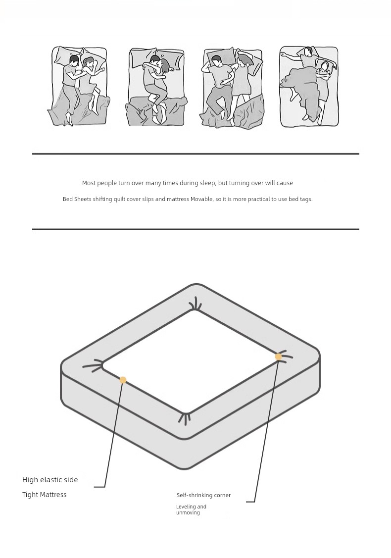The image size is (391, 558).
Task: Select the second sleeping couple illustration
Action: coord(156,86)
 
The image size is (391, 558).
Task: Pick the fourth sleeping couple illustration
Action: coord(308,86)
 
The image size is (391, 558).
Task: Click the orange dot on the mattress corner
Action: coord(278,356)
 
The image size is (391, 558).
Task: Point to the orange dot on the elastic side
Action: coord(123,380)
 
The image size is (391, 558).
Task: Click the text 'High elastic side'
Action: coord(50,480)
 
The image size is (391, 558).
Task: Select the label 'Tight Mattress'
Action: coord(44,495)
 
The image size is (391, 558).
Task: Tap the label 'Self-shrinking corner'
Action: coord(203,495)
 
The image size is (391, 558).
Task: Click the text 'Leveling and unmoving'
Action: coord(191,509)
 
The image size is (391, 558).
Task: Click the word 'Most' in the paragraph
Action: coord(89,183)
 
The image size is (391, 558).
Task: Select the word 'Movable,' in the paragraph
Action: coord(202,199)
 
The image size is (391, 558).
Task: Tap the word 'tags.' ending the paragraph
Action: coord(306,199)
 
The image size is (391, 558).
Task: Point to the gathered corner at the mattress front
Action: coord(184,418)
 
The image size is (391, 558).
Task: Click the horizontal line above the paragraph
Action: coord(195,153)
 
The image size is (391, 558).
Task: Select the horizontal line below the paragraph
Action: coord(195,229)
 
